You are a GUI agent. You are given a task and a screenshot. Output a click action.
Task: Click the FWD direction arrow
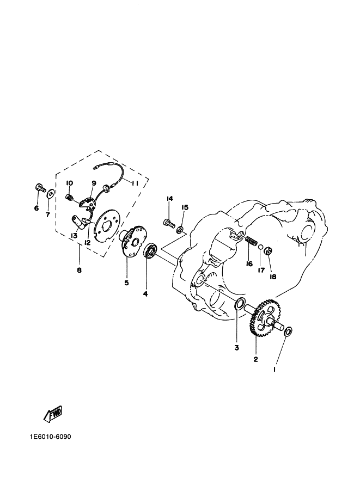coord(53,414)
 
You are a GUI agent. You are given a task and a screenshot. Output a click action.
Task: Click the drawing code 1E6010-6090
coord(51,437)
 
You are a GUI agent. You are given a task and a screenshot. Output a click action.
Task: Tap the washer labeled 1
coord(288,332)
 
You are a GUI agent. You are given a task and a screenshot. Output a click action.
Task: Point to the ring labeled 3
coord(240,304)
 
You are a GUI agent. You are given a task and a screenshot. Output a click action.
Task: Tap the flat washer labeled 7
coord(51,194)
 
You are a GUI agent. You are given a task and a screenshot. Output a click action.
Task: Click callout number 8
coord(79,271)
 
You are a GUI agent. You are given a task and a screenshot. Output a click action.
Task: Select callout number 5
coord(126,283)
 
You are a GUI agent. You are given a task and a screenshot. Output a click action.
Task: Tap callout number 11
coord(135,183)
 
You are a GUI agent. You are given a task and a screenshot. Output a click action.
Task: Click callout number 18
coord(273,277)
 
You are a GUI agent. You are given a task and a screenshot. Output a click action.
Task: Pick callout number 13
coord(74,236)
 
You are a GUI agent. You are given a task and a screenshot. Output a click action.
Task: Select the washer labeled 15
coord(180,230)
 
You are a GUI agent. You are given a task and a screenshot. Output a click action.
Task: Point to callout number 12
coord(87,243)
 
